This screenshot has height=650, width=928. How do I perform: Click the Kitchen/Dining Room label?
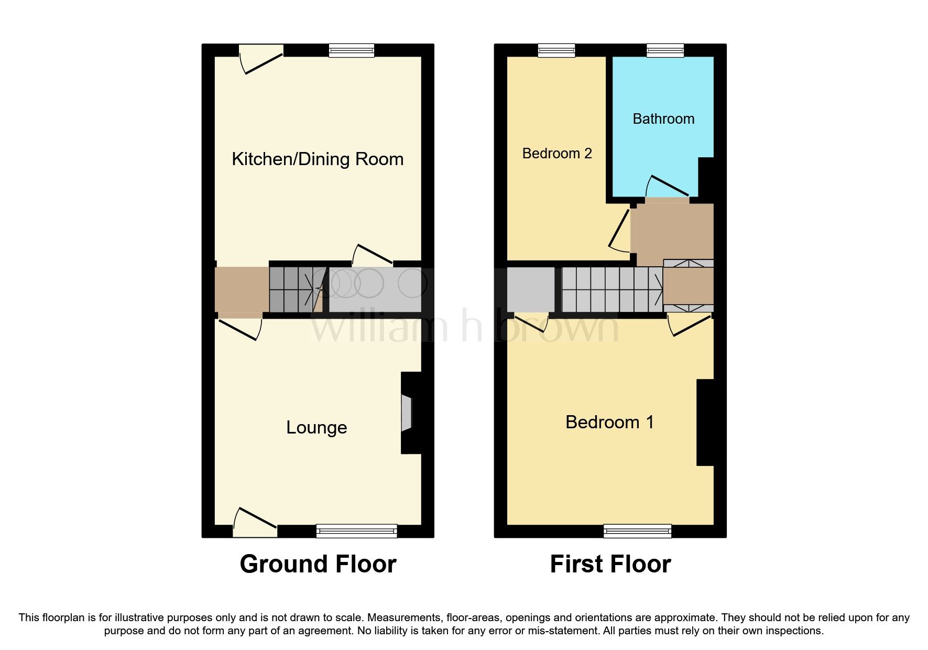(318, 159)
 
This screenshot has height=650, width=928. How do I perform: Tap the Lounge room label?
(316, 427)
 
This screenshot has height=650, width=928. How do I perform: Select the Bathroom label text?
(663, 119)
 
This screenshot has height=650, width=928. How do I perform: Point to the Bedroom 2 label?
(557, 154)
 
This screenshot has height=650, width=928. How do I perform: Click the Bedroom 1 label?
(609, 422)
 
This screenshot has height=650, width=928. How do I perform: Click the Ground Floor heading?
(318, 564)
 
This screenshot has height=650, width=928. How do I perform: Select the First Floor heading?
(610, 564)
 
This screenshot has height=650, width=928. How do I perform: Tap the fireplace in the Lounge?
(407, 413)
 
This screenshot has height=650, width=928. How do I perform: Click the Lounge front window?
(356, 530)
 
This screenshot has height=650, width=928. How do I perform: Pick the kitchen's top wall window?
(352, 50)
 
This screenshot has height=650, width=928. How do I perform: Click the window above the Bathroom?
(665, 50)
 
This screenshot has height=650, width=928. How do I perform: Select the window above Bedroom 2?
(556, 50)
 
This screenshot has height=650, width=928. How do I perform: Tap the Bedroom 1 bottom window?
(637, 530)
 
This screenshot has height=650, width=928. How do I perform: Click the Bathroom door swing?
(667, 187)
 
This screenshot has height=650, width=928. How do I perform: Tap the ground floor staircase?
(293, 290)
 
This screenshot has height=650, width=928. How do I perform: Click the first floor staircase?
(610, 289)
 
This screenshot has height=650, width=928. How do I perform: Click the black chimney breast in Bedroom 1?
(705, 422)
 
